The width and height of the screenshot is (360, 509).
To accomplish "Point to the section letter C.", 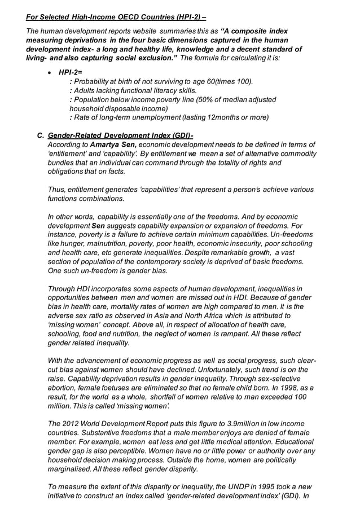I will (40, 135).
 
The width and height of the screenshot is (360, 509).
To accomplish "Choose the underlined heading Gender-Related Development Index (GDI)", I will (120, 135).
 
